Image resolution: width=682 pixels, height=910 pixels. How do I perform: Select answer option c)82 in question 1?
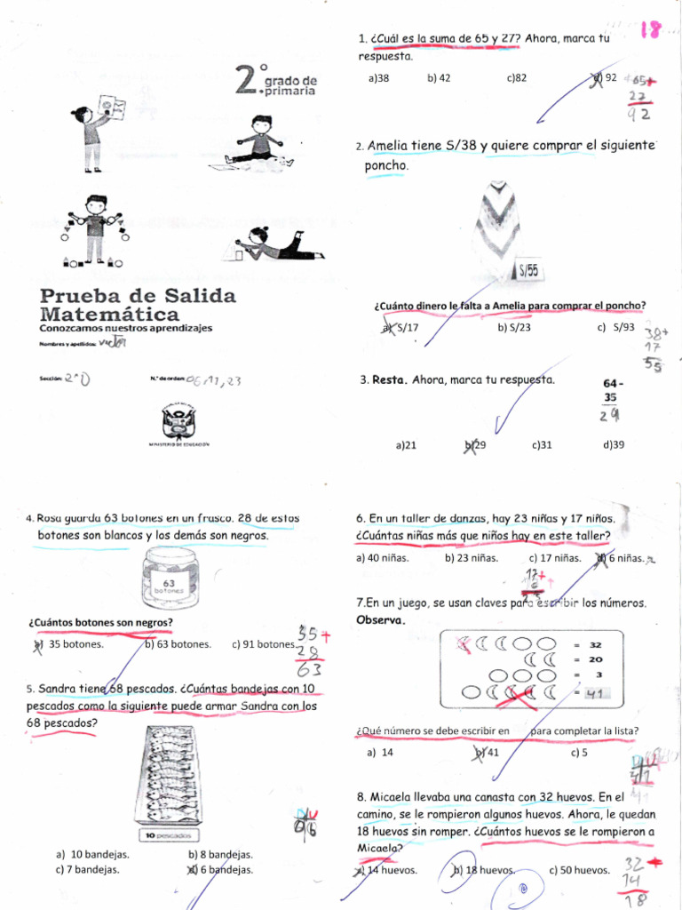click(x=517, y=78)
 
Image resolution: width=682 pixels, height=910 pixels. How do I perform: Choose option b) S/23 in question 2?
click(x=514, y=327)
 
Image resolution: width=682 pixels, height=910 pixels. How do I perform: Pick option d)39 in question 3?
click(x=611, y=445)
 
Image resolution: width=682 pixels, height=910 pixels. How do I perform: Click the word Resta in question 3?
click(x=389, y=379)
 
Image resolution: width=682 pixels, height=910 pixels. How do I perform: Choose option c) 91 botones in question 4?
click(x=263, y=645)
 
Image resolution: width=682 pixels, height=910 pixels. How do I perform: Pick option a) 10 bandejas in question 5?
click(x=92, y=855)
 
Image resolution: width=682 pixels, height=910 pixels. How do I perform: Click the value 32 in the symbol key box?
click(x=595, y=644)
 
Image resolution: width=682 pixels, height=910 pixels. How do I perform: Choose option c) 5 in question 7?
click(x=579, y=752)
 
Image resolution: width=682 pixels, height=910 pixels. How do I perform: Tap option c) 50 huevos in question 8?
click(x=579, y=871)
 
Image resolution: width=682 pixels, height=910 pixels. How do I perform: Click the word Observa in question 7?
click(x=380, y=619)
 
